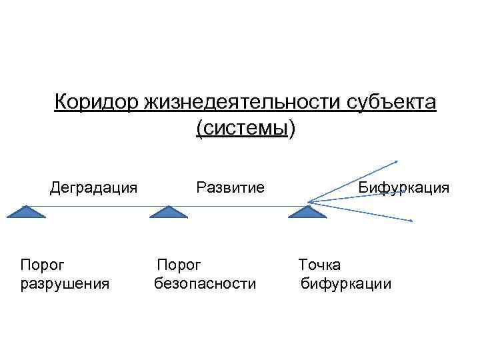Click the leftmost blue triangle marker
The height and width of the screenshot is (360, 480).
[x=25, y=213]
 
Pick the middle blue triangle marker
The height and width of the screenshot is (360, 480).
[x=167, y=213]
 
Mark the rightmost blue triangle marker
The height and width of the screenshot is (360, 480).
[x=307, y=213]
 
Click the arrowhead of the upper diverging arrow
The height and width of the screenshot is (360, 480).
[x=396, y=161]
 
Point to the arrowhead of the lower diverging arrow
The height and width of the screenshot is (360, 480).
[x=411, y=221]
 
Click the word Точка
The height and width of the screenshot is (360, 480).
[x=319, y=265]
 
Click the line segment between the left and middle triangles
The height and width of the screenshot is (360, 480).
[x=97, y=207]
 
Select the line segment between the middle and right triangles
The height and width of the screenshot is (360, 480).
[x=237, y=207]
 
